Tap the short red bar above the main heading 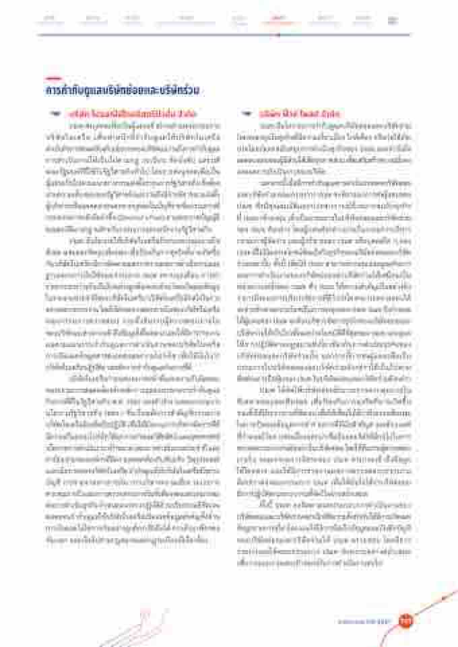pos(53,78)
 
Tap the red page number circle pos(405,621)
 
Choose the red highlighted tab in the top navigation pos(278,19)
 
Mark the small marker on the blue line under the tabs pos(278,35)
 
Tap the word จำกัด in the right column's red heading pos(331,116)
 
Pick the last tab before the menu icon pos(364,19)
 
